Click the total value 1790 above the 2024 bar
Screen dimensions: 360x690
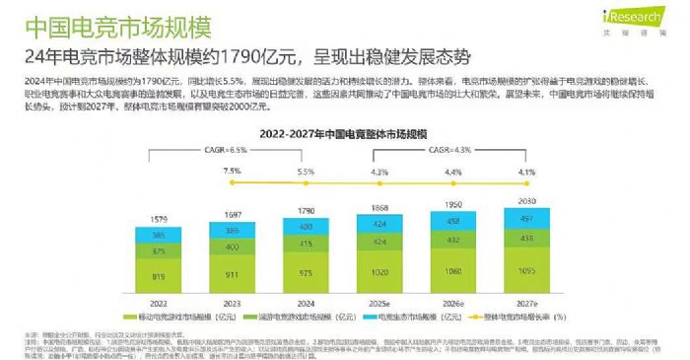click(305, 210)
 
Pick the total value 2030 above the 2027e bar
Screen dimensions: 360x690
click(527, 200)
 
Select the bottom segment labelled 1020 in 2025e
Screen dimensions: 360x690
click(379, 273)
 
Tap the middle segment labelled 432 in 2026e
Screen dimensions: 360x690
click(453, 240)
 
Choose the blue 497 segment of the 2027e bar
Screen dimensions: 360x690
click(527, 218)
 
